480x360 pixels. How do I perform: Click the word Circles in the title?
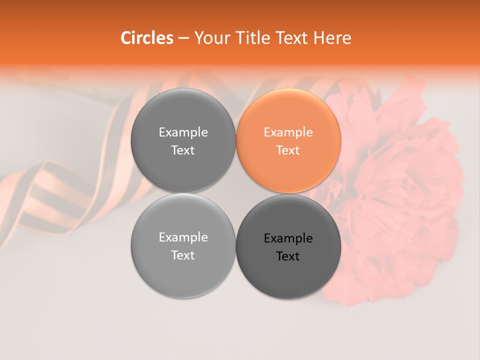click(x=146, y=38)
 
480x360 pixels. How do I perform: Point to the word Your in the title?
click(x=210, y=38)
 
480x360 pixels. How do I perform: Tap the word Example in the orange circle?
click(x=288, y=132)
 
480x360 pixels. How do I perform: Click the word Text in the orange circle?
click(x=288, y=150)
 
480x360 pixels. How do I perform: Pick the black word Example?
click(x=288, y=238)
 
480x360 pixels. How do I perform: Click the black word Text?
click(x=288, y=256)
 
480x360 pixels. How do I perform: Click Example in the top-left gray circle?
click(x=183, y=132)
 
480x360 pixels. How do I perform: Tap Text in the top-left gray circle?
click(x=183, y=150)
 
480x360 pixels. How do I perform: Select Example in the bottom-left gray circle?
click(x=183, y=237)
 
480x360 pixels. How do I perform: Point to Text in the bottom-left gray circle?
click(x=183, y=255)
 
